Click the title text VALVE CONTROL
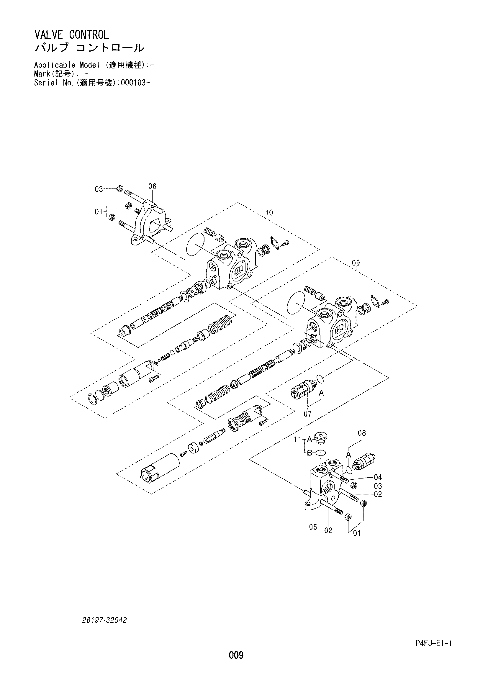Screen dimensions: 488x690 pos(71,35)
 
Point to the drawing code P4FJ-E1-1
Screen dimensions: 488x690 pos(434,652)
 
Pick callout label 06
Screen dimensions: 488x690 pos(152,186)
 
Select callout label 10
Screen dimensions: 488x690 pos(269,213)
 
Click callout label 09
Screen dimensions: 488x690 pos(356,263)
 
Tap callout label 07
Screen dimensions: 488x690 pos(307,414)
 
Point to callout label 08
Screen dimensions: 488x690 pos(362,433)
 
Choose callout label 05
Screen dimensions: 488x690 pos(313,527)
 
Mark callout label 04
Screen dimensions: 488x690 pos(378,477)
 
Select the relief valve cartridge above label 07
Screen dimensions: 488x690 pos(304,390)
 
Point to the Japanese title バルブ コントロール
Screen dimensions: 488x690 pos(89,48)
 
